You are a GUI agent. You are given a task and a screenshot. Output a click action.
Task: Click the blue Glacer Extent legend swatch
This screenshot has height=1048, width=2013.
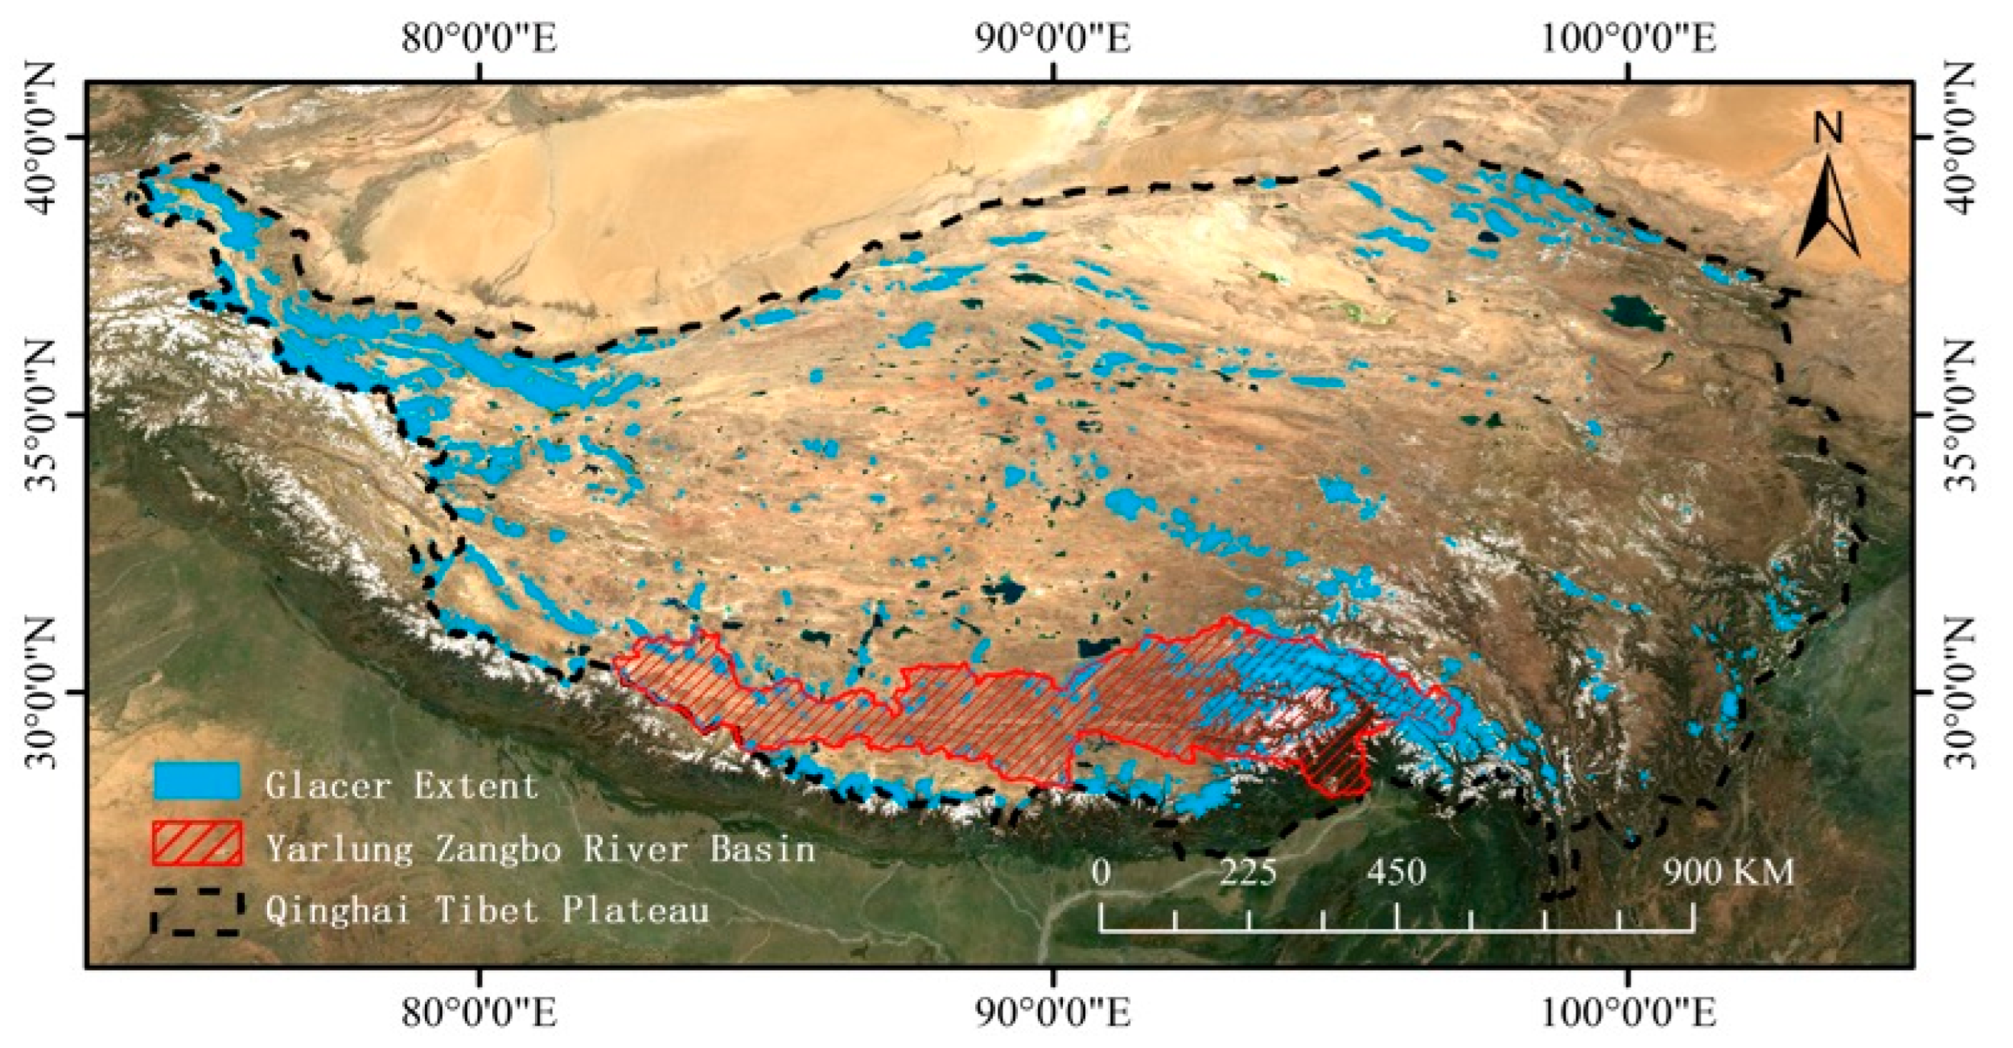tap(196, 781)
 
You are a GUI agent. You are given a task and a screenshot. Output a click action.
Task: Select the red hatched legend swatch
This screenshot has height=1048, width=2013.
tap(196, 843)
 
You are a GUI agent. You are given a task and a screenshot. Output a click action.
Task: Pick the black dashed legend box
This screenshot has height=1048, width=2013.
tap(196, 911)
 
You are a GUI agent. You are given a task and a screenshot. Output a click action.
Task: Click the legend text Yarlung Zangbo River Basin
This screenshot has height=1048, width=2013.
tap(541, 849)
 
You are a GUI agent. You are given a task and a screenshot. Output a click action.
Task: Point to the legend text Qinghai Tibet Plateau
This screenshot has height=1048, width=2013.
tap(488, 910)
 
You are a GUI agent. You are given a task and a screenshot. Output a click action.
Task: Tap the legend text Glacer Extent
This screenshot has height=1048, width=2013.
tap(401, 785)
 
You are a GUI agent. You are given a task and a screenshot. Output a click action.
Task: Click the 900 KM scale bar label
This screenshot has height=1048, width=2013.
tap(1729, 872)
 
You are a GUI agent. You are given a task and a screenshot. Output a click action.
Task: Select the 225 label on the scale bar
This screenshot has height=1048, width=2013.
tap(1248, 872)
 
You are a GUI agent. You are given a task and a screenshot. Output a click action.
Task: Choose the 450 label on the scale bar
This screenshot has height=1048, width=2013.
tap(1397, 872)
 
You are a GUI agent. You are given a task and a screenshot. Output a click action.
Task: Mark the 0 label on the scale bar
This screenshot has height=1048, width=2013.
tap(1101, 872)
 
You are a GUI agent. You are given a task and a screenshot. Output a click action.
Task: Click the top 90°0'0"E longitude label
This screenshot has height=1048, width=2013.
tap(1053, 39)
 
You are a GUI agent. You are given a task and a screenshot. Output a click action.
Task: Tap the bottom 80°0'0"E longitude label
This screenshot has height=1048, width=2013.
tap(480, 1013)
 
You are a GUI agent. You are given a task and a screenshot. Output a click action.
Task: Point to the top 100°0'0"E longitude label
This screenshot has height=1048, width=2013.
tap(1628, 39)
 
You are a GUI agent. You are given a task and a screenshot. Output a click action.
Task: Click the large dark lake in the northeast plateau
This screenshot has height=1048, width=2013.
tap(1636, 312)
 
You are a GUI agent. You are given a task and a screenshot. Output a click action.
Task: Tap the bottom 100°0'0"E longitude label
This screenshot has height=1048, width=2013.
tap(1628, 1013)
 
